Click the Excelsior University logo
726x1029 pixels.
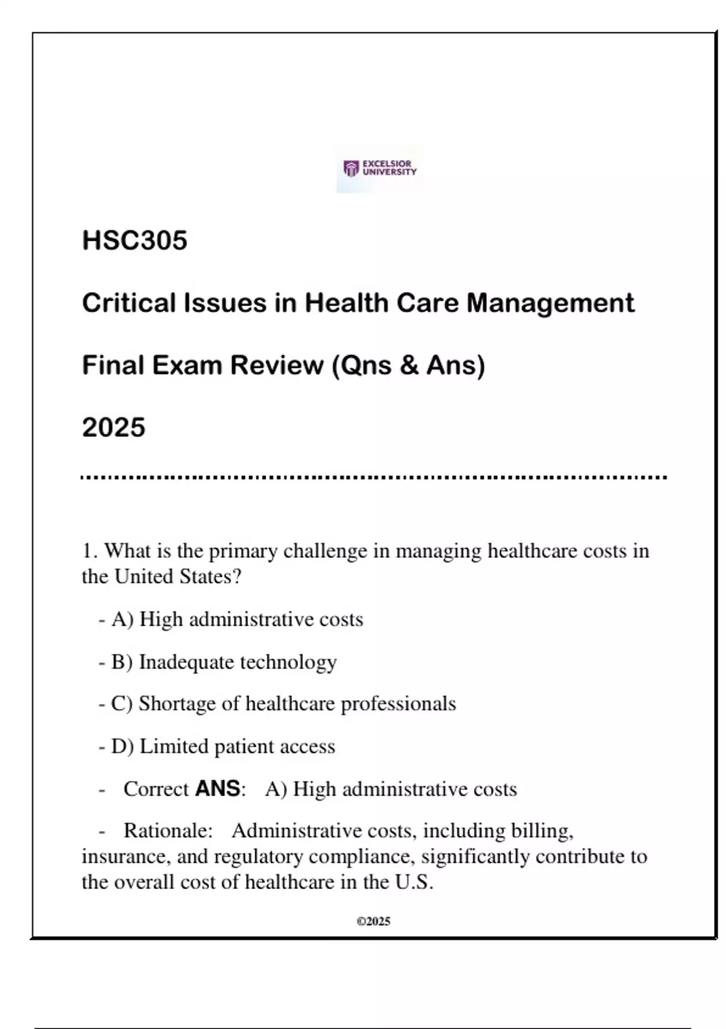click(x=380, y=168)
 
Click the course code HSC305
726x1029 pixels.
click(x=134, y=240)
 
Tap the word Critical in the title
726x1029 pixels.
click(x=129, y=303)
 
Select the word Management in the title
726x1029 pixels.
click(x=551, y=303)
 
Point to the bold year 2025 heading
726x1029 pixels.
click(x=114, y=427)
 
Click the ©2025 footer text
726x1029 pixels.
click(x=373, y=921)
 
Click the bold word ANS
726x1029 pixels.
click(x=218, y=789)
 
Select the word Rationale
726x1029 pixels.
click(x=168, y=830)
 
